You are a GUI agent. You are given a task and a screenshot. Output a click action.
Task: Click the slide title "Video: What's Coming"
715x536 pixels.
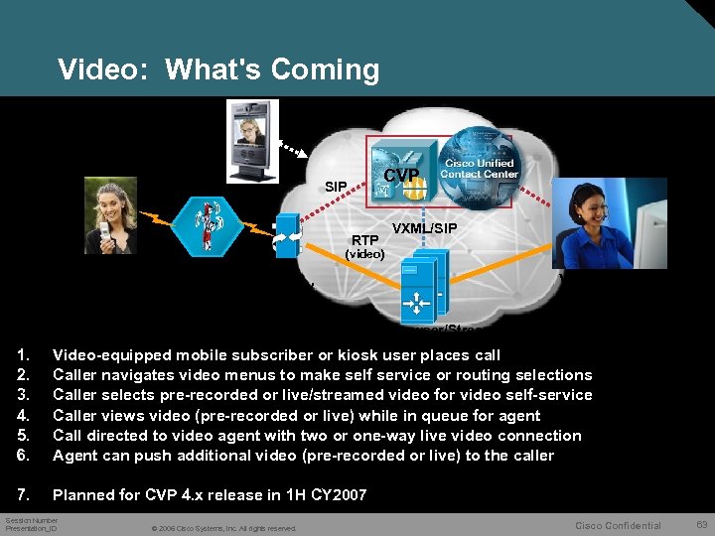(218, 69)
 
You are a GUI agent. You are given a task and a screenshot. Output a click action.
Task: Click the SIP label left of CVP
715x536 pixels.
(336, 187)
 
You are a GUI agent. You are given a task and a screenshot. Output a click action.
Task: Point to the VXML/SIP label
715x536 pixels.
(426, 228)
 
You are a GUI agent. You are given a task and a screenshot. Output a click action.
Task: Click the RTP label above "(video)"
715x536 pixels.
(364, 239)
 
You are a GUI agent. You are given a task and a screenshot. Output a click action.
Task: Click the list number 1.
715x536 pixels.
(22, 355)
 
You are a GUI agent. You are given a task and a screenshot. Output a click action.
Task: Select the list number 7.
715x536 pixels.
(22, 494)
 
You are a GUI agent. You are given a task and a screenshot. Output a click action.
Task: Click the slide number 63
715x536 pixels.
(702, 525)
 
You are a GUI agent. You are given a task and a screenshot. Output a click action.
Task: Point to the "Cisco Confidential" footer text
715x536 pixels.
(618, 525)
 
